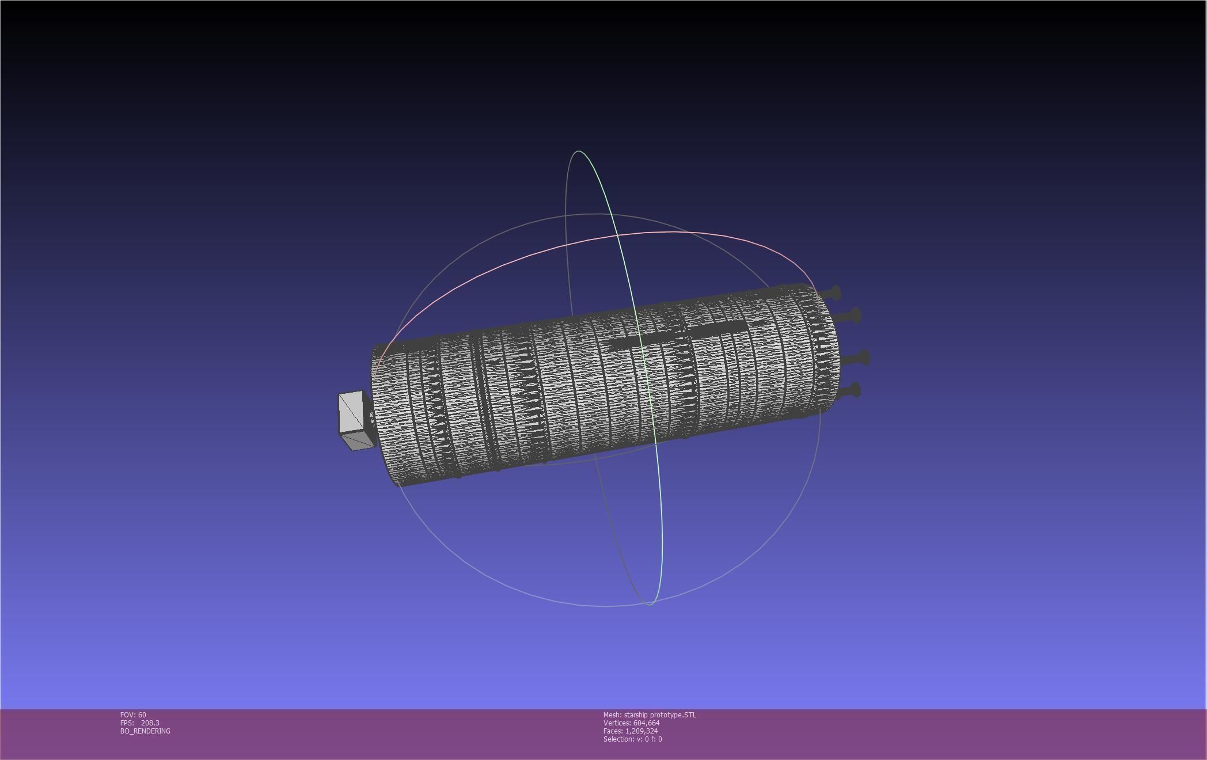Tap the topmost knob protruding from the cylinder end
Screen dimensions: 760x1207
click(835, 293)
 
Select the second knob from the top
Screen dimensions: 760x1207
click(855, 316)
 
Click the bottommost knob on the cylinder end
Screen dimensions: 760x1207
click(855, 392)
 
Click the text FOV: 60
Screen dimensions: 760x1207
click(133, 715)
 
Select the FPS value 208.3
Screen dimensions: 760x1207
click(150, 723)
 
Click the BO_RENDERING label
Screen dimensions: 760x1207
click(145, 731)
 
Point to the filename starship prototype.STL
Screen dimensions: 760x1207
click(660, 715)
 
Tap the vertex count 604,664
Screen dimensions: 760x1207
click(646, 723)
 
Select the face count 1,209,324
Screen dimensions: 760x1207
click(642, 731)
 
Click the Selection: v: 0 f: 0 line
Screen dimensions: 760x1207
click(632, 739)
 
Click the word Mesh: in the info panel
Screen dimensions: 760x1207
click(612, 715)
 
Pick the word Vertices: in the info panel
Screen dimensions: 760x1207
click(617, 723)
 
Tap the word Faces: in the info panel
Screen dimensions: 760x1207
click(613, 731)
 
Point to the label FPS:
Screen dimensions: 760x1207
click(127, 723)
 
